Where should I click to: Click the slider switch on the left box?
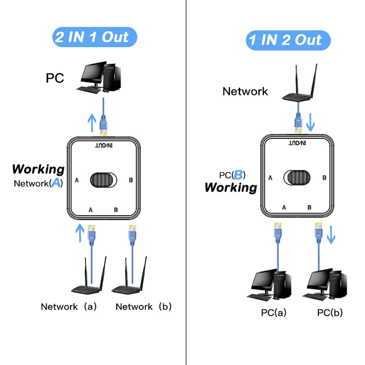pos(104,180)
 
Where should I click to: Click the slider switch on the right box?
pos(297,178)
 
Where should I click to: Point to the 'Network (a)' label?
pos(69,307)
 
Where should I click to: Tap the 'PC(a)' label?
pos(274,313)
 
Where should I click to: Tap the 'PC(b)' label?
pos(330,313)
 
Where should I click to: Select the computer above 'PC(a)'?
pos(272,286)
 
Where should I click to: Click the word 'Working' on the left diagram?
pos(38,169)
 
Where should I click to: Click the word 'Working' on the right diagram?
pos(230,187)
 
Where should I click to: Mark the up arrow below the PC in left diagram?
pos(92,122)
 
